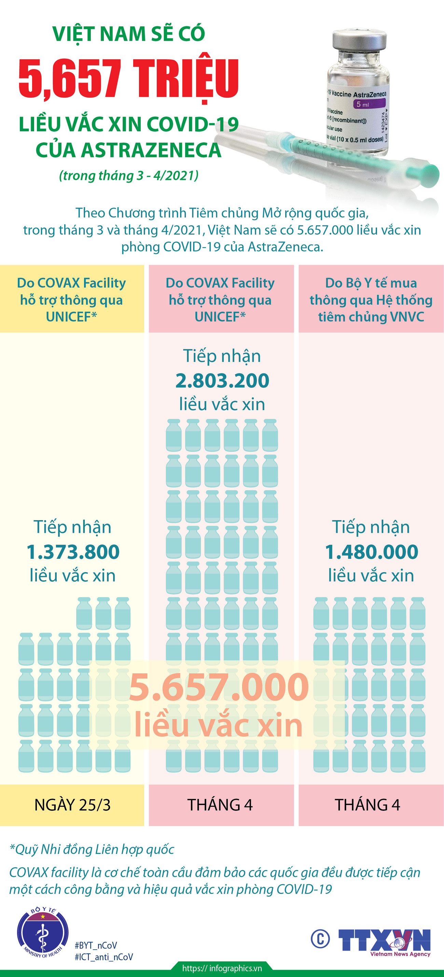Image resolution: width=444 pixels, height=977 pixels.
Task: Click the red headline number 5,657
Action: [70, 79]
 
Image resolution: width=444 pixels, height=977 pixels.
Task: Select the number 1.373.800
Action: [73, 552]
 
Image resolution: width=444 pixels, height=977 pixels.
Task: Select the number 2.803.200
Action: [222, 380]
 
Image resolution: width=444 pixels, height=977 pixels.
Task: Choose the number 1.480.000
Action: [371, 552]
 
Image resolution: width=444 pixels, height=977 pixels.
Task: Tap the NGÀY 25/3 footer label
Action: [72, 805]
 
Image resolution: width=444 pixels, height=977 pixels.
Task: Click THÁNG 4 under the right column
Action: [367, 805]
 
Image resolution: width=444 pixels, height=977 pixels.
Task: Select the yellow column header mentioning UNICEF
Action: [72, 300]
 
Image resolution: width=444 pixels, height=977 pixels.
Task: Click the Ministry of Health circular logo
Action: [42, 933]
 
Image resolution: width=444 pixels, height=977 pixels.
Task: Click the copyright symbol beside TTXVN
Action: [320, 939]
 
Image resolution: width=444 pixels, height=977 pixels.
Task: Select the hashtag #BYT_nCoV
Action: [96, 945]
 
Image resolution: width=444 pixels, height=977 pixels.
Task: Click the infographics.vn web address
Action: [222, 968]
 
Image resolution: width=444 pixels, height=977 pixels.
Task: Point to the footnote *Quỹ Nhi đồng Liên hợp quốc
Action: [92, 849]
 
